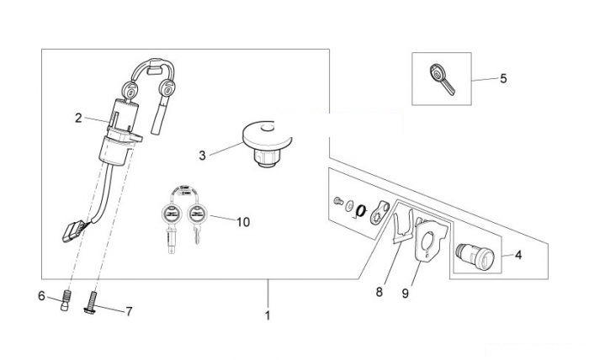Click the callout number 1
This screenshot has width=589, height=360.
pyautogui.click(x=268, y=315)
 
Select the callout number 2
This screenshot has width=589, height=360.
pyautogui.click(x=78, y=119)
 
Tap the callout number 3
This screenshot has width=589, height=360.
pyautogui.click(x=202, y=156)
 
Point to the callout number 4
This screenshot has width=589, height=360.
pyautogui.click(x=518, y=255)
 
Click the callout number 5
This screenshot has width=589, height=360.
pyautogui.click(x=503, y=78)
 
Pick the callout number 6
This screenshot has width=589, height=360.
pyautogui.click(x=41, y=296)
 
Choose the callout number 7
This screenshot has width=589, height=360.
pyautogui.click(x=129, y=311)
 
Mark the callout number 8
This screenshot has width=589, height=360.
pyautogui.click(x=379, y=292)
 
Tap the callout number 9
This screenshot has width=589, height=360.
pyautogui.click(x=405, y=294)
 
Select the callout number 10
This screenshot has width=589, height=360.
pyautogui.click(x=243, y=222)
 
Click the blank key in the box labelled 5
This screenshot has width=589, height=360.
pyautogui.click(x=442, y=79)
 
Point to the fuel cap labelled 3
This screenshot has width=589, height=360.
pyautogui.click(x=267, y=144)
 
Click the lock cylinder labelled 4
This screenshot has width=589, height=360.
pyautogui.click(x=475, y=257)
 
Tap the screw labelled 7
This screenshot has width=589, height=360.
pyautogui.click(x=91, y=303)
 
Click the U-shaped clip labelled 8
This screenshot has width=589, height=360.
pyautogui.click(x=403, y=226)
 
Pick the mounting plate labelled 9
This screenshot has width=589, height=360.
pyautogui.click(x=431, y=241)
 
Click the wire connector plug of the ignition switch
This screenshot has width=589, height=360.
pyautogui.click(x=72, y=231)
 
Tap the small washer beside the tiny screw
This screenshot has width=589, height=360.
pyautogui.click(x=349, y=205)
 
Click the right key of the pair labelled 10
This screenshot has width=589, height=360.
pyautogui.click(x=196, y=223)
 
